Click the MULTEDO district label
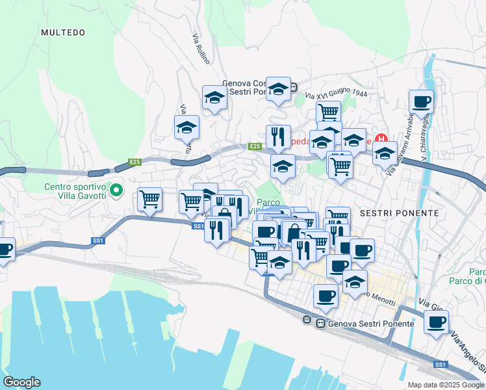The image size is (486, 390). (x=62, y=32)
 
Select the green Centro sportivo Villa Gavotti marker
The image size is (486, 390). (x=116, y=190)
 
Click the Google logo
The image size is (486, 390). (x=21, y=382)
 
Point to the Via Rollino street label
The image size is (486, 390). (x=201, y=49)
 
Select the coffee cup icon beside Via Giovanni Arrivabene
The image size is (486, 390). (x=421, y=101)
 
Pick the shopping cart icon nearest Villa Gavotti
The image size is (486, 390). (x=150, y=198)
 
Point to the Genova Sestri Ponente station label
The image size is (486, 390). (x=372, y=323)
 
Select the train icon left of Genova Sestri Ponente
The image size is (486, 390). (x=320, y=323)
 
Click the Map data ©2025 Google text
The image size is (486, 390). (x=446, y=385)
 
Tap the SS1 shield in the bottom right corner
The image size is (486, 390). (x=441, y=364)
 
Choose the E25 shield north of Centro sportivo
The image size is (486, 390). (x=134, y=162)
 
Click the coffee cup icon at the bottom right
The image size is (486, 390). (x=436, y=321)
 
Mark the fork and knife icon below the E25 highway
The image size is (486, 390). (x=278, y=136)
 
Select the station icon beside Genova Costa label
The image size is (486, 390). (x=294, y=87)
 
